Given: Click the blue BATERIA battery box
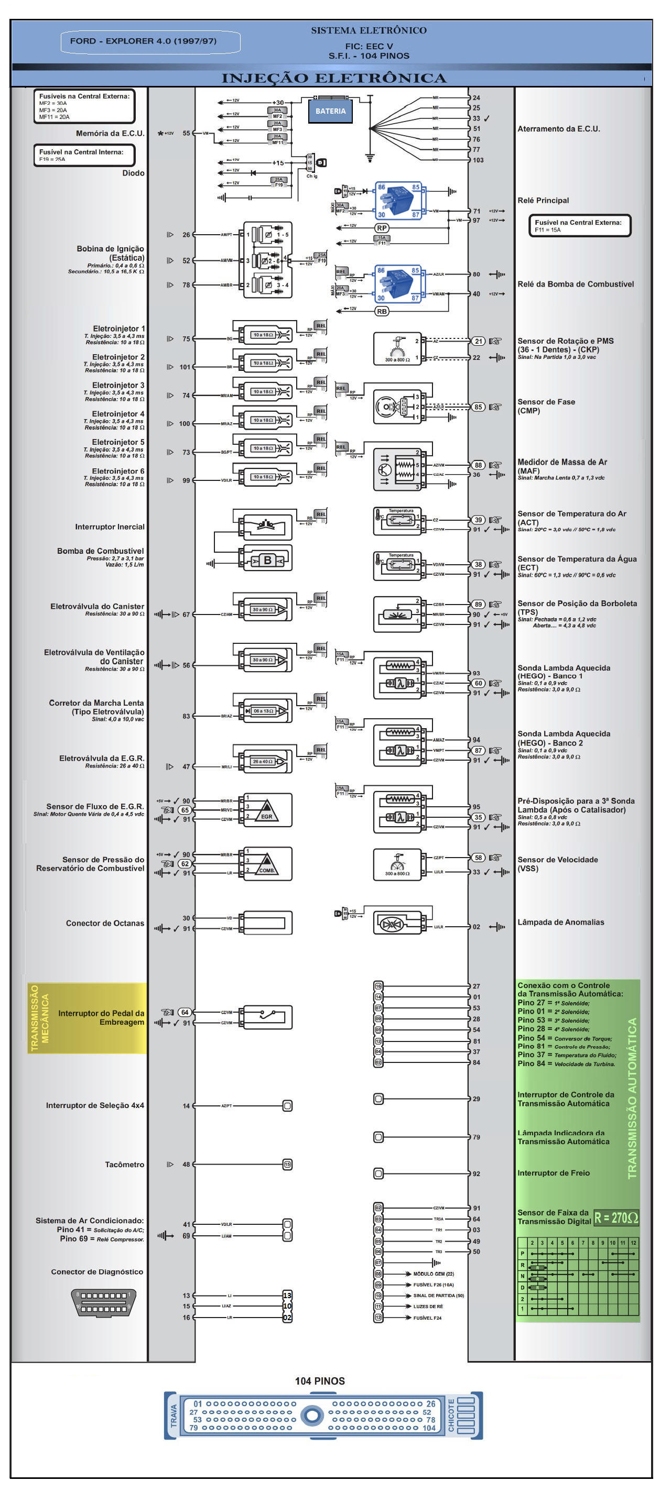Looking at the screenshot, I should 330,111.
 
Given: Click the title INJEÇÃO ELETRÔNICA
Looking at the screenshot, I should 334,78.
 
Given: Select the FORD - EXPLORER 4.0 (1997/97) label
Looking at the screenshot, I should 143,41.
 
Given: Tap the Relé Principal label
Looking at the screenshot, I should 543,201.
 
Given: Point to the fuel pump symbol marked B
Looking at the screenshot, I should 267,560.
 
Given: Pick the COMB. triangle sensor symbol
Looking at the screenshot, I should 266,864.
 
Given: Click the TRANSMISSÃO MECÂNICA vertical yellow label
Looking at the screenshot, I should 39,1018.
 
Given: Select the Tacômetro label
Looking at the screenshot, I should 124,1164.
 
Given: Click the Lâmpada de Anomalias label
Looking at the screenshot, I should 560,922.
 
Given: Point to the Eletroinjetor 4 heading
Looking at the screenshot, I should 117,413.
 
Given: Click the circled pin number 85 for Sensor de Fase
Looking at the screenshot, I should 478,407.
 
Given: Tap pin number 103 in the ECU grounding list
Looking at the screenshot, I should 478,160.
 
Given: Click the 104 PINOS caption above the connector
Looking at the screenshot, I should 319,1381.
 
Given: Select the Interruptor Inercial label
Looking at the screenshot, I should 110,526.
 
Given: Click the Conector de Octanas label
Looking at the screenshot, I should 104,923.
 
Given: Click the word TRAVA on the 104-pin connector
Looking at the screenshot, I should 172,1415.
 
